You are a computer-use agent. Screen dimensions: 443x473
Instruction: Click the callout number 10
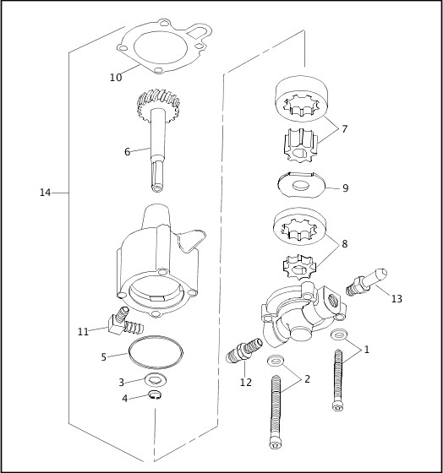tap(116, 78)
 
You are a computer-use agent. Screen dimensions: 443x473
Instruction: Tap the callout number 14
tap(46, 193)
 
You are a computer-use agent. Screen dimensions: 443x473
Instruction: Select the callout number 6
tap(127, 152)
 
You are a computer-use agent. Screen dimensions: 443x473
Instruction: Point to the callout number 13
tap(397, 299)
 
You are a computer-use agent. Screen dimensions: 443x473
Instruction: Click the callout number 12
tap(246, 382)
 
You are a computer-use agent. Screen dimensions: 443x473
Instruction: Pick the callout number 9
tap(346, 188)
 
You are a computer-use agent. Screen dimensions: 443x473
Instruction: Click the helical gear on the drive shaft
tap(158, 103)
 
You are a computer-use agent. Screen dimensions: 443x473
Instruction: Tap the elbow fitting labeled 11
tap(123, 323)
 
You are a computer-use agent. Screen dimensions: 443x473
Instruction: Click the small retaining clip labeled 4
tap(156, 395)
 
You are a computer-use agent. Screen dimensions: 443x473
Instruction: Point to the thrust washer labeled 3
tap(156, 380)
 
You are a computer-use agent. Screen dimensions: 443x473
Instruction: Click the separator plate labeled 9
tap(301, 185)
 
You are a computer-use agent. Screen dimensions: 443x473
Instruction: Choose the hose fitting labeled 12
tap(244, 350)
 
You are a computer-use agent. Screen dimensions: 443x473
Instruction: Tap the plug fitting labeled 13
tap(366, 281)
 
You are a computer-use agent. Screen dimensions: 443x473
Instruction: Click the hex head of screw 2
tap(276, 443)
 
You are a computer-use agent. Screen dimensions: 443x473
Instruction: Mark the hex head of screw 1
tap(337, 406)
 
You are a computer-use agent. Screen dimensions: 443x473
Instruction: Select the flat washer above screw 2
tap(276, 360)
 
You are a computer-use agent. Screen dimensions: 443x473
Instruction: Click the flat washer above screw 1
tap(339, 334)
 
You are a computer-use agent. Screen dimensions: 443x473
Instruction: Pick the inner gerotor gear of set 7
tap(300, 145)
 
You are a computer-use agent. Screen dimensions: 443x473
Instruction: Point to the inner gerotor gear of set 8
tap(299, 267)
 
